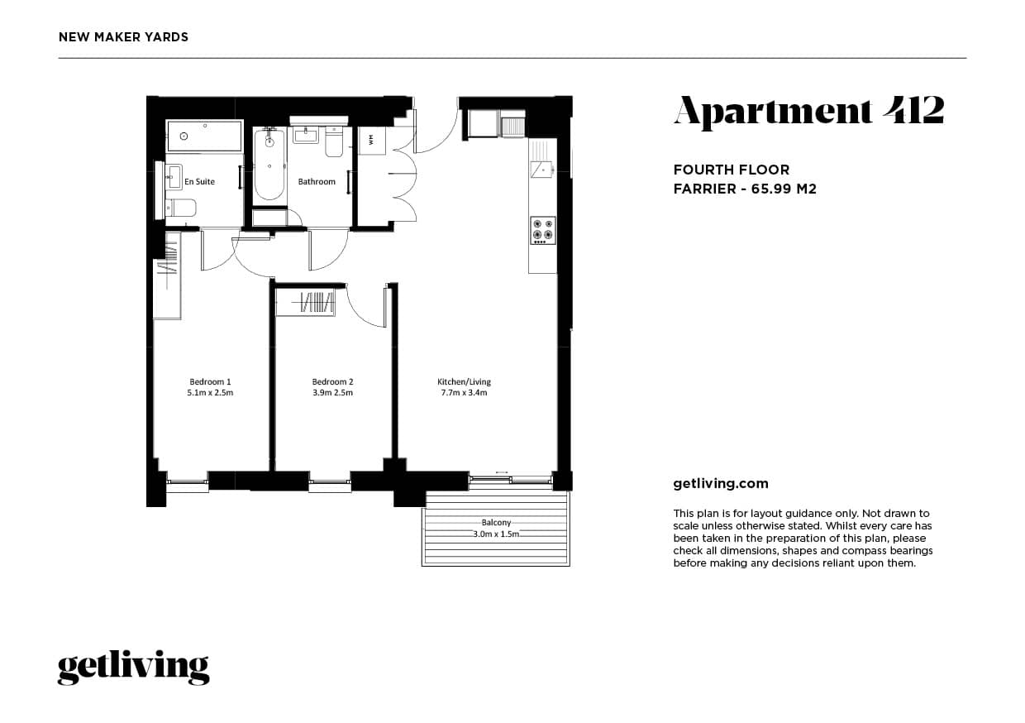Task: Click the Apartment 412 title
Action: pyautogui.click(x=808, y=111)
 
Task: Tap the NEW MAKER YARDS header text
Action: pyautogui.click(x=124, y=37)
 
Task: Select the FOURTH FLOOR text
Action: pyautogui.click(x=732, y=170)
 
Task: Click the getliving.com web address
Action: pyautogui.click(x=721, y=484)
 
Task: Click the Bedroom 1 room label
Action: pyautogui.click(x=210, y=381)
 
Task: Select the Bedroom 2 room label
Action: pyautogui.click(x=332, y=381)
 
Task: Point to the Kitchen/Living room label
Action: pyautogui.click(x=464, y=381)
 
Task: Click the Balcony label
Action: pyautogui.click(x=496, y=523)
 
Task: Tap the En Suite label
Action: pyautogui.click(x=199, y=181)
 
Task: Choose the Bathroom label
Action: pyautogui.click(x=317, y=181)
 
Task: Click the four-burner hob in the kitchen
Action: pyautogui.click(x=543, y=230)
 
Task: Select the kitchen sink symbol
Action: pyautogui.click(x=542, y=170)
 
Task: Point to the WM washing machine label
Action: pyautogui.click(x=371, y=139)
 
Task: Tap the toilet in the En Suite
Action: pyautogui.click(x=181, y=208)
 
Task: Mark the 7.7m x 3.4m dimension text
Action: pyautogui.click(x=464, y=393)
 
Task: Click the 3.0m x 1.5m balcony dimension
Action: pyautogui.click(x=496, y=534)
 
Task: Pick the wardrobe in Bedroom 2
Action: pyautogui.click(x=306, y=303)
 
